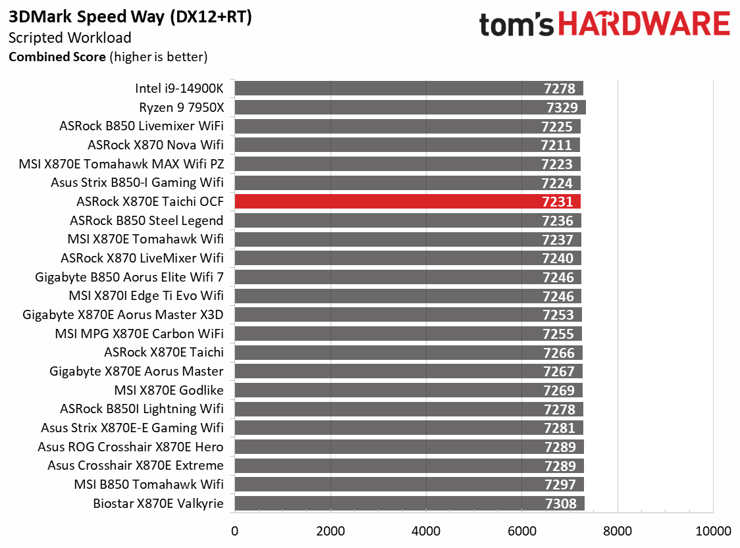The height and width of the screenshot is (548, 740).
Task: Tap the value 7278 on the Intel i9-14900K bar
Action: point(560,89)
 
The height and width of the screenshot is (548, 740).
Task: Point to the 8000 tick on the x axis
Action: point(618,531)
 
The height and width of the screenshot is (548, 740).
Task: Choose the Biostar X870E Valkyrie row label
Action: point(158,504)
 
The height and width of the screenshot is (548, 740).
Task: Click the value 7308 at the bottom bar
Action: point(560,504)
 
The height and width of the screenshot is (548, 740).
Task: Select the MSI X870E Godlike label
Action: point(169,390)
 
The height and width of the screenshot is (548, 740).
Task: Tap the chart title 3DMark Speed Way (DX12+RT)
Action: point(130,18)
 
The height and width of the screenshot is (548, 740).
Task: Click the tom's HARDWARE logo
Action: point(604,25)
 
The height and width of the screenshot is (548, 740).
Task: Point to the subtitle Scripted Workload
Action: point(70,38)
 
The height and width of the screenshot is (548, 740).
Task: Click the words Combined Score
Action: point(57,57)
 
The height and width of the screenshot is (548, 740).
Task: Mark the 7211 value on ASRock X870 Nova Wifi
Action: point(558,145)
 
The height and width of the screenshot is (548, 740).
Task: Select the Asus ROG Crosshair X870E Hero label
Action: point(130,447)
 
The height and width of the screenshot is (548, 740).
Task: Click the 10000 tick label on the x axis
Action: point(713,531)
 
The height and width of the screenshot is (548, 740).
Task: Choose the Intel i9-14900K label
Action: point(179,88)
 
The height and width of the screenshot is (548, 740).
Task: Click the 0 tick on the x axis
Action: point(234,531)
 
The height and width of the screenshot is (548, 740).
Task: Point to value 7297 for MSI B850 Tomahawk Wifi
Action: point(560,485)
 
